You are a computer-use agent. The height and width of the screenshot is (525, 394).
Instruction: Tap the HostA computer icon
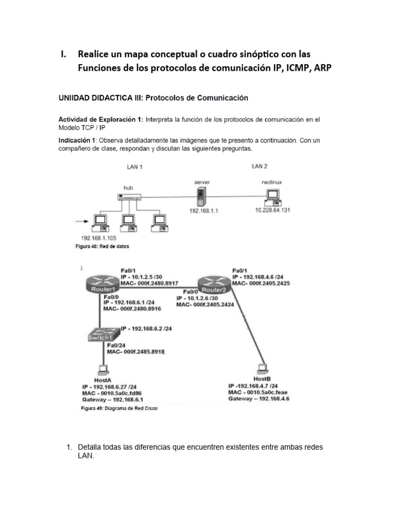click(x=103, y=369)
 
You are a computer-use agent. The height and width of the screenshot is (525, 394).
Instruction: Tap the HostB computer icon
click(x=264, y=368)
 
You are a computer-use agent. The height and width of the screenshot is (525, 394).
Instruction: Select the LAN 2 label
click(x=260, y=166)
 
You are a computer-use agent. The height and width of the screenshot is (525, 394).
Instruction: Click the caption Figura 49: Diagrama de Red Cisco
click(x=119, y=409)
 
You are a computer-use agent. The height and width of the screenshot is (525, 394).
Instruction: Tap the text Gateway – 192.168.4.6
click(x=259, y=398)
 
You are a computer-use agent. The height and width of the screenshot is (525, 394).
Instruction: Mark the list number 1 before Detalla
click(x=69, y=448)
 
